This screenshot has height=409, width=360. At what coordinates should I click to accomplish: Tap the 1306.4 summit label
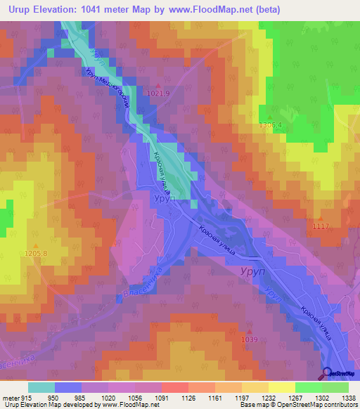click(270, 125)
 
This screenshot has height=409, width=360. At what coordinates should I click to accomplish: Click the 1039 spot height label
click(249, 339)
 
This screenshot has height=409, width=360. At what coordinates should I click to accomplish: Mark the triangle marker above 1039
click(249, 331)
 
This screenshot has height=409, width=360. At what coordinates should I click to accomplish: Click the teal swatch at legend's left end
click(41, 387)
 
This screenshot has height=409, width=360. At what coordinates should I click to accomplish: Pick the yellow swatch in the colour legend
click(281, 387)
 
